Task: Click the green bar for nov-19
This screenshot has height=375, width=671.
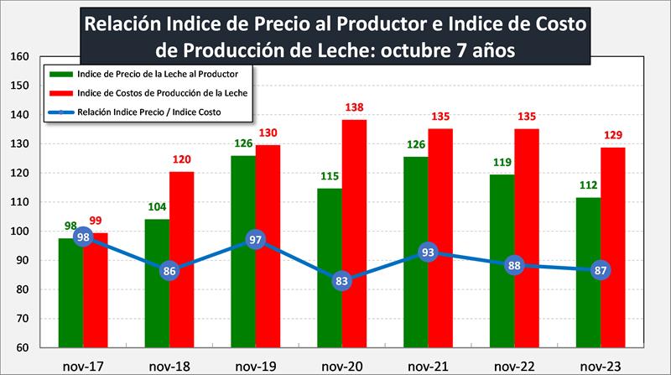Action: pyautogui.click(x=243, y=252)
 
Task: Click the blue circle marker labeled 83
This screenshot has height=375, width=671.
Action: pyautogui.click(x=341, y=281)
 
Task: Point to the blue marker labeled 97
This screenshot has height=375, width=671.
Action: pyautogui.click(x=255, y=240)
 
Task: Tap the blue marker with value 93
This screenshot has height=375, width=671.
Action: pyautogui.click(x=428, y=252)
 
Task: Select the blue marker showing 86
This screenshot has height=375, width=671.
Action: pyautogui.click(x=169, y=271)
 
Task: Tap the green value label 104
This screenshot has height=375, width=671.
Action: pyautogui.click(x=157, y=208)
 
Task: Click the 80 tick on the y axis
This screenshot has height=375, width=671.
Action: pyautogui.click(x=24, y=290)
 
